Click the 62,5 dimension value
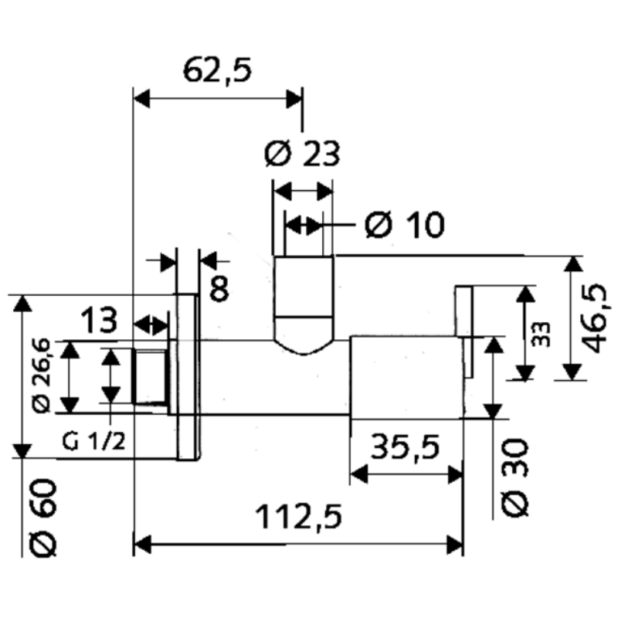[x=218, y=71]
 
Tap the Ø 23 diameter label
[x=301, y=154]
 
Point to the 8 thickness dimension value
[x=219, y=290]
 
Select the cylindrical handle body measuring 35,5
[x=406, y=376]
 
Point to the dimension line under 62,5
[x=218, y=99]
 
